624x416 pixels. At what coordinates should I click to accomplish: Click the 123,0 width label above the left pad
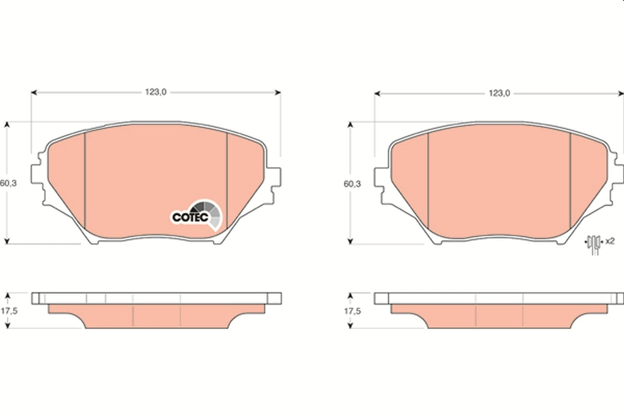pos(155,92)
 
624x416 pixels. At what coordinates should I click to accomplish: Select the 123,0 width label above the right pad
pos(498,93)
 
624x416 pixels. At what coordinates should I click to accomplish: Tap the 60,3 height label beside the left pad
pos(6,183)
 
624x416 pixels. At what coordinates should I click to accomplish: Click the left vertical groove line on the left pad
pos(84,177)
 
